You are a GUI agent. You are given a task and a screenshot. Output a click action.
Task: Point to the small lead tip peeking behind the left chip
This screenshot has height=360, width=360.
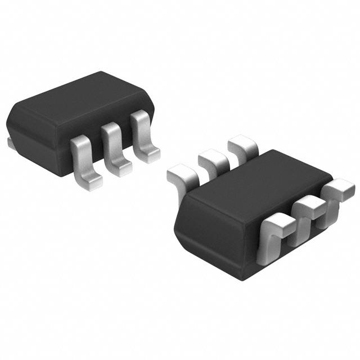(x=10, y=143)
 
